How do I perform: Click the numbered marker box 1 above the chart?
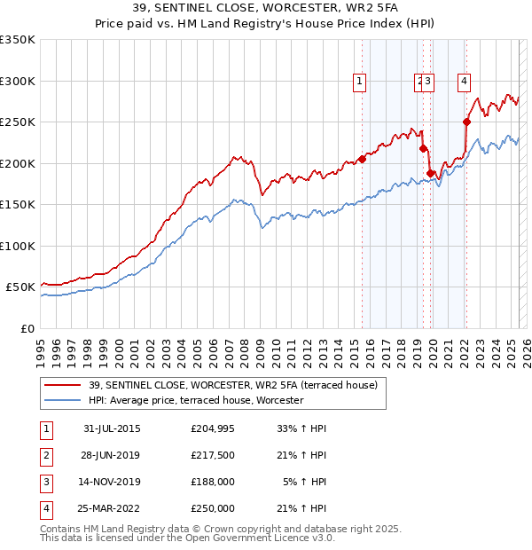(x=360, y=82)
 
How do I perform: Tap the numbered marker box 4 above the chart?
(x=464, y=82)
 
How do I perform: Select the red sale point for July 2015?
(x=362, y=160)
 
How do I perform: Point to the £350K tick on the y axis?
(x=18, y=40)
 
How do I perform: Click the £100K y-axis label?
(x=18, y=246)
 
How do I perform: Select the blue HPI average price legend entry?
(x=196, y=400)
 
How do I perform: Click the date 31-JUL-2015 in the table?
(x=112, y=428)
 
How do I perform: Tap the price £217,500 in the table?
(x=213, y=455)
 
